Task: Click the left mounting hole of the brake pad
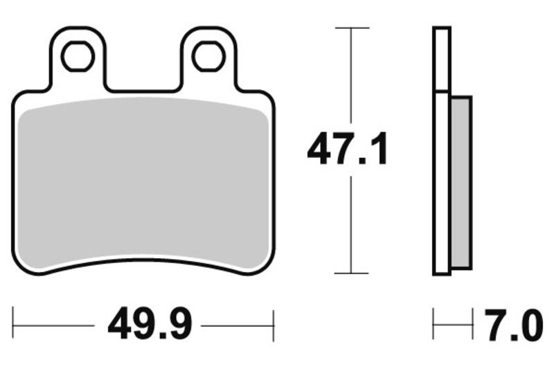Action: pyautogui.click(x=77, y=56)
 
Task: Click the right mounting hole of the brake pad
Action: pyautogui.click(x=208, y=56)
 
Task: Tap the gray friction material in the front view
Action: pyautogui.click(x=143, y=183)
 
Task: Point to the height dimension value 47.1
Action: pyautogui.click(x=348, y=151)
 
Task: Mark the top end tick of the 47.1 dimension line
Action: pyautogui.click(x=352, y=28)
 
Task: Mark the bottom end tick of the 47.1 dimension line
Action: pyautogui.click(x=352, y=273)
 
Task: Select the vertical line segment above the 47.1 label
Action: pyautogui.click(x=352, y=76)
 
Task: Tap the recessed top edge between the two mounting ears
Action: pyautogui.click(x=143, y=91)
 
